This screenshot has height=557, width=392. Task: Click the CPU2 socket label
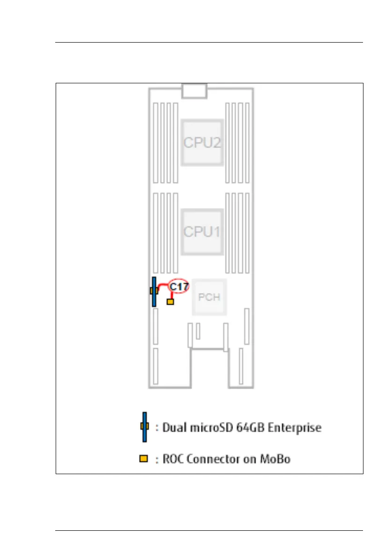click(202, 142)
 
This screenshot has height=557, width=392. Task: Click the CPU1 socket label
click(202, 231)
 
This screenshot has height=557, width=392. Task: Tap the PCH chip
click(209, 297)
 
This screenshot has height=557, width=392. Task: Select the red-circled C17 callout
click(179, 287)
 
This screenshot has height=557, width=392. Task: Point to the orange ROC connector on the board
click(170, 302)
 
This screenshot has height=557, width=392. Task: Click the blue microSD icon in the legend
click(145, 426)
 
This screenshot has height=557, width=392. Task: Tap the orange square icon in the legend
click(144, 459)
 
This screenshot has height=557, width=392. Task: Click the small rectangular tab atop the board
click(194, 91)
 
